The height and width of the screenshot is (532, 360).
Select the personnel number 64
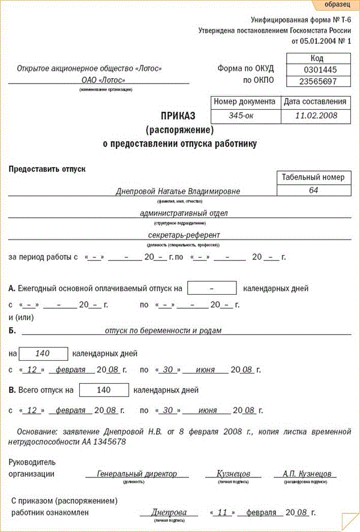click(313, 190)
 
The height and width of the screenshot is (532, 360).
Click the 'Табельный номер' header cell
click(313, 178)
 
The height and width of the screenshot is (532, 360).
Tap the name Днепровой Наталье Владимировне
click(178, 192)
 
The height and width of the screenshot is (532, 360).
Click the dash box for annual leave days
click(212, 288)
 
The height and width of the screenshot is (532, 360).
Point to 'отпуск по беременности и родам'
click(163, 330)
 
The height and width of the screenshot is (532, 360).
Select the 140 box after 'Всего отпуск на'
click(104, 390)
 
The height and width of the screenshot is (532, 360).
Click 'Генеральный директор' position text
click(137, 474)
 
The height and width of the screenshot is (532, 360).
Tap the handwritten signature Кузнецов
click(233, 474)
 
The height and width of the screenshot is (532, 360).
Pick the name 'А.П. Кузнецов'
click(310, 474)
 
